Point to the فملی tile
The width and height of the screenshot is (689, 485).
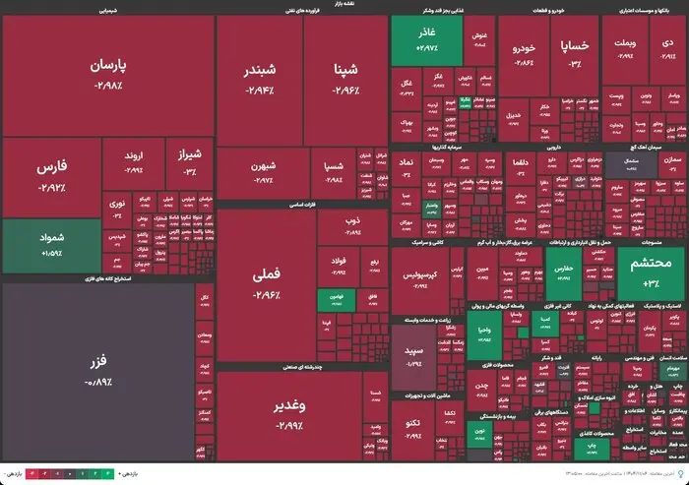267,285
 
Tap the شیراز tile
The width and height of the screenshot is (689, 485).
189,160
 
